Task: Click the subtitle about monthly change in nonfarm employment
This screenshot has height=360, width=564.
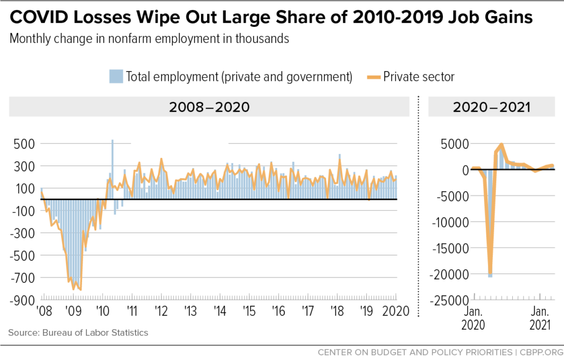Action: [x=149, y=39]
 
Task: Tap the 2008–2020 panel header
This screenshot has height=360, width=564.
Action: [x=209, y=107]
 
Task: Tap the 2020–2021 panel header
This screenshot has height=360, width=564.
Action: [x=491, y=107]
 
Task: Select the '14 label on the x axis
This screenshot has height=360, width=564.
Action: [x=220, y=312]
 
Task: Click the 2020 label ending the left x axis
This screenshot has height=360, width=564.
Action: [x=395, y=312]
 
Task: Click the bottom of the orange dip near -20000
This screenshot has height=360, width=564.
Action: [x=490, y=274]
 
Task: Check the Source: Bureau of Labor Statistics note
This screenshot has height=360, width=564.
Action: [x=78, y=332]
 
